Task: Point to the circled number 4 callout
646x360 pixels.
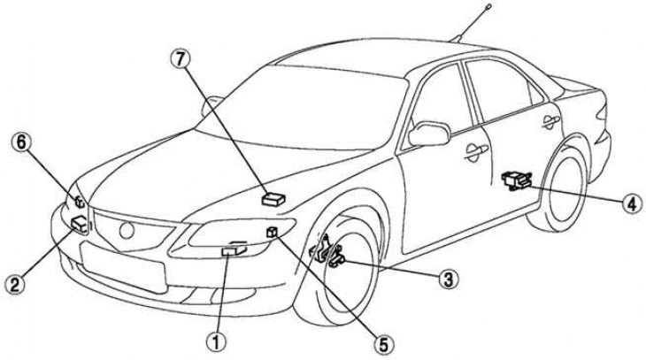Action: [x=629, y=203]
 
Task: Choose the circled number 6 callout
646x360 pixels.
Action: [x=19, y=140]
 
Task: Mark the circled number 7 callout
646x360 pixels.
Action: [x=180, y=59]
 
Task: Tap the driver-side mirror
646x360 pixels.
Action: [x=428, y=134]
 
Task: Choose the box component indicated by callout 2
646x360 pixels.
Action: [x=79, y=223]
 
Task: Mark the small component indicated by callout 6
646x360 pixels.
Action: [x=79, y=202]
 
